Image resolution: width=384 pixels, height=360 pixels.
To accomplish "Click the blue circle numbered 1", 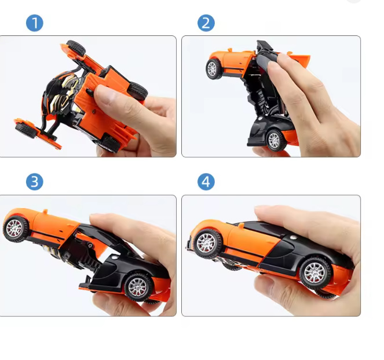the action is click(x=35, y=23).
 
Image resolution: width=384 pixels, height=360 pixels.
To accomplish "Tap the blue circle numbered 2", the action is click(x=206, y=23).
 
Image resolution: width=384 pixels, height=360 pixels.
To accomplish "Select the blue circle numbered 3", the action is click(x=35, y=182).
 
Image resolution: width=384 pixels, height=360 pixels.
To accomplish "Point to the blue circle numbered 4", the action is click(x=206, y=182).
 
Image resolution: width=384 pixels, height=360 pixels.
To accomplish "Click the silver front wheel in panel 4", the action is click(x=207, y=243).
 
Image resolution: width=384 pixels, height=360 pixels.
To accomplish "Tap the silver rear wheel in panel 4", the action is click(x=315, y=273).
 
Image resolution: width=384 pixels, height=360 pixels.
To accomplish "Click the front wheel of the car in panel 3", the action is click(x=16, y=228).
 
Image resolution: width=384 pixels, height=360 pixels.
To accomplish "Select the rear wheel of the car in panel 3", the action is click(x=138, y=287).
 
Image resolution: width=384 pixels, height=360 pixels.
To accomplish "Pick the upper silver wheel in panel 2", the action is click(x=214, y=69).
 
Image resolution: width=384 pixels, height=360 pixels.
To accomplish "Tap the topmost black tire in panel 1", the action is click(x=76, y=48).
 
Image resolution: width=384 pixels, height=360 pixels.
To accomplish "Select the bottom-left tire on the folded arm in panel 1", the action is click(x=25, y=130).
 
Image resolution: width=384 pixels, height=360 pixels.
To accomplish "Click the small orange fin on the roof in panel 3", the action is click(x=45, y=211).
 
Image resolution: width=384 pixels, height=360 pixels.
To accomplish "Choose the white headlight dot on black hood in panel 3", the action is click(x=114, y=257).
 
